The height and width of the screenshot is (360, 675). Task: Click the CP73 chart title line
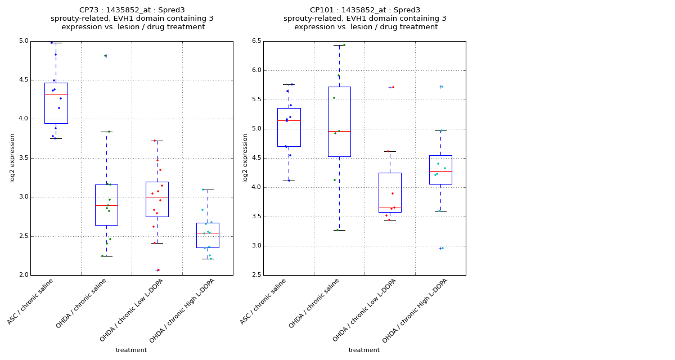(x=132, y=10)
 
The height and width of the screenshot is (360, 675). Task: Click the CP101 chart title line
(x=364, y=10)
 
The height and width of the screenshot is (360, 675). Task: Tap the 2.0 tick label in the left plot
(x=24, y=275)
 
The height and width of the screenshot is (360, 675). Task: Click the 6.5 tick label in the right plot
(x=256, y=41)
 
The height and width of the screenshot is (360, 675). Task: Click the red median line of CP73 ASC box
(x=56, y=94)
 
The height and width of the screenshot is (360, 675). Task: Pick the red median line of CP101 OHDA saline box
(x=339, y=131)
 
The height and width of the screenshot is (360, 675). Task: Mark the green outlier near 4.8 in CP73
(x=106, y=56)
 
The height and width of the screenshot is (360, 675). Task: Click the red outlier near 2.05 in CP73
(x=158, y=270)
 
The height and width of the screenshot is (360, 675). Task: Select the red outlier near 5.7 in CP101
(x=392, y=87)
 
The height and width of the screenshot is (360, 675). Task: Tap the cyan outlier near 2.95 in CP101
(x=442, y=248)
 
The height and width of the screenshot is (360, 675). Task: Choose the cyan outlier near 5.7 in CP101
(x=442, y=87)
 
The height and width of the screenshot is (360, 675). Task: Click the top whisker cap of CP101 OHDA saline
(x=339, y=45)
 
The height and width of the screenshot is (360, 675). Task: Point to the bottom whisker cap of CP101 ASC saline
(x=289, y=181)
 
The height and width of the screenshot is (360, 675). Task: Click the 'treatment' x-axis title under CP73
(x=131, y=350)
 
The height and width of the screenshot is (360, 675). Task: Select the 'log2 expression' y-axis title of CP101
(x=245, y=157)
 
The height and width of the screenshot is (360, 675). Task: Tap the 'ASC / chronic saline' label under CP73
(x=31, y=301)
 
